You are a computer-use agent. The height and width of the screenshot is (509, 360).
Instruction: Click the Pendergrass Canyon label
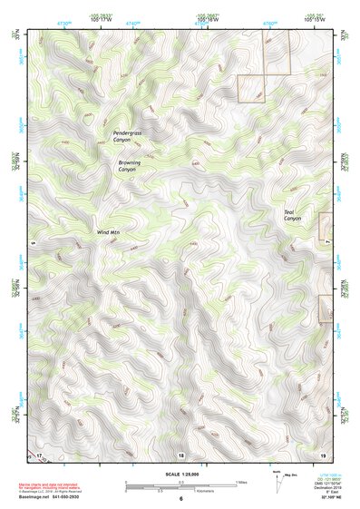127,136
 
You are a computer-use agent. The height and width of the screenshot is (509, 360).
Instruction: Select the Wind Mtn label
108,232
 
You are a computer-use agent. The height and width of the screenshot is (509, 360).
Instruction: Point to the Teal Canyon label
292,215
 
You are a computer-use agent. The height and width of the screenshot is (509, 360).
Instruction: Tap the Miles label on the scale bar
241,481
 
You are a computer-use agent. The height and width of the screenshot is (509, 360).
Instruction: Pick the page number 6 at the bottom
180,499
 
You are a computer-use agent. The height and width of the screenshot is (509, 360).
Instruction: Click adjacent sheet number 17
39,454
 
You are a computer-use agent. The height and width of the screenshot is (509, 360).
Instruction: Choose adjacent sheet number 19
323,454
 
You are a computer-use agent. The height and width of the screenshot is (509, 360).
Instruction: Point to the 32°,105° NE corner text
330,499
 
